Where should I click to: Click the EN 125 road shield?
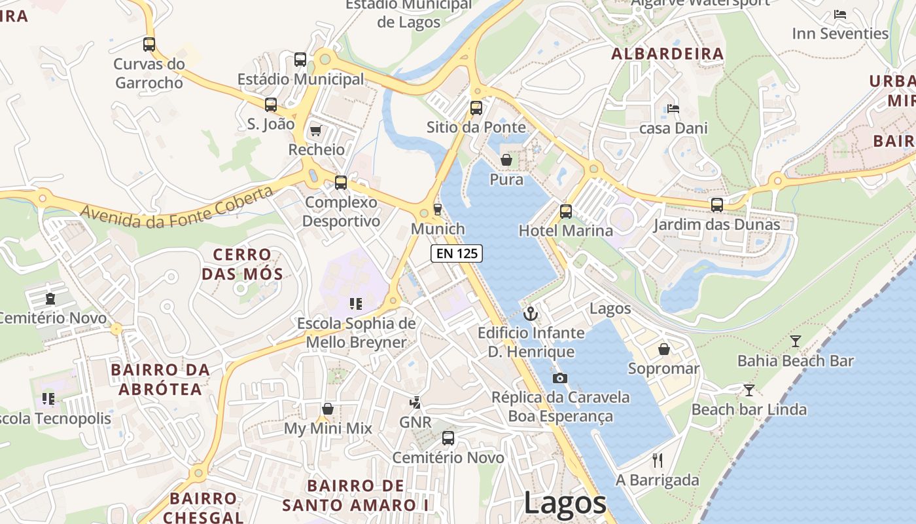[457, 253]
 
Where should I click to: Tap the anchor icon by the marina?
[531, 313]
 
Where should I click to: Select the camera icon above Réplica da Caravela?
[559, 378]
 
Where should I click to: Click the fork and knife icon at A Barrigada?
[658, 460]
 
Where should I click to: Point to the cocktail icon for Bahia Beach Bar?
[795, 341]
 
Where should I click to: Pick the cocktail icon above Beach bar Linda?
[749, 390]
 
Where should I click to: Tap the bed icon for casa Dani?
[673, 108]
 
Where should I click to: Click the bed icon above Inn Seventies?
[840, 14]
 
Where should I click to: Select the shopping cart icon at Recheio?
[316, 130]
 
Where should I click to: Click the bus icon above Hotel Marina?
[566, 212]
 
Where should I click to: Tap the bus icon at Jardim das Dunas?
[717, 205]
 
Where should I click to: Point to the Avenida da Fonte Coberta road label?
[177, 207]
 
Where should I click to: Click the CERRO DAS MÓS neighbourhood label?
[242, 264]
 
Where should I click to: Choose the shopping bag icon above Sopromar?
[664, 349]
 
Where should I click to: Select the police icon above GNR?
[415, 402]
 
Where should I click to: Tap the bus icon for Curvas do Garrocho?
[149, 45]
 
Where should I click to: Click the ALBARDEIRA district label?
[667, 54]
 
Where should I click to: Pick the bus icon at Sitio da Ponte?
[476, 108]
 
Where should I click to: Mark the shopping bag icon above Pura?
[506, 160]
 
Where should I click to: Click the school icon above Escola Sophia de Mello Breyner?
[356, 303]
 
